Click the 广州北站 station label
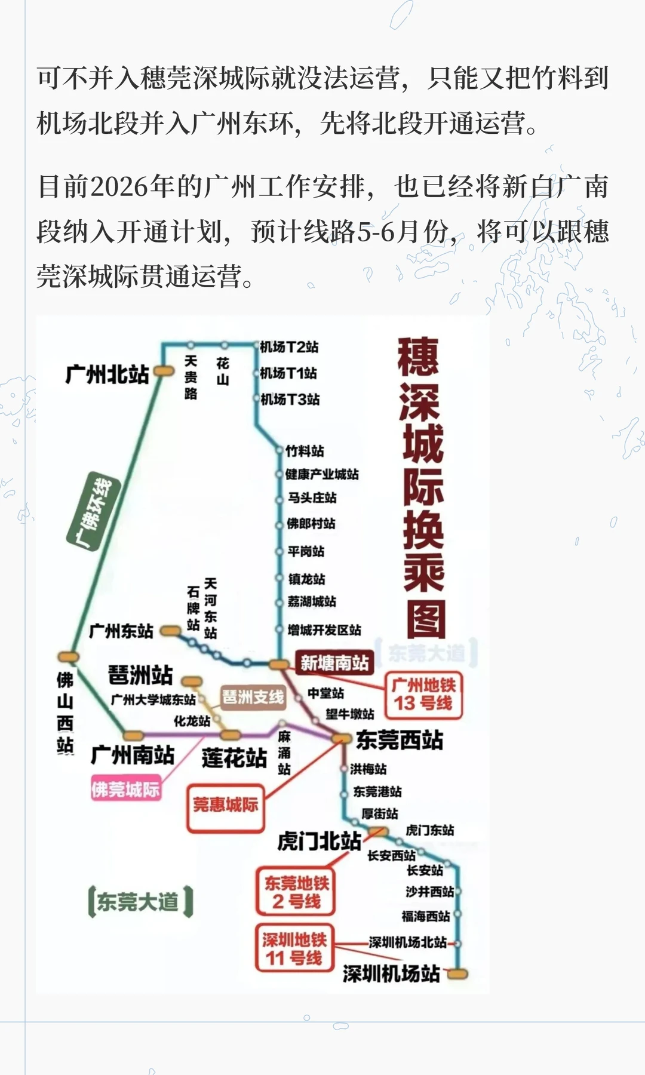pos(107,374)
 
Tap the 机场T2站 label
pos(289,347)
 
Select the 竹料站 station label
pos(305,451)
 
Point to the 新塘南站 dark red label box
pos(334,662)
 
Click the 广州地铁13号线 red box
pos(423,695)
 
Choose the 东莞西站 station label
pos(400,740)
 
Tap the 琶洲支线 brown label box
pos(253,697)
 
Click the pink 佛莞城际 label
pos(125,790)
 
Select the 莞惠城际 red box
pos(226,805)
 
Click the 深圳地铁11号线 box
pos(294,949)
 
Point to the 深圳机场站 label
pos(391,973)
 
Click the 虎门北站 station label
pos(320,841)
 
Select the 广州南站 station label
pos(133,755)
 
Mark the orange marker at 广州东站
pos(171,631)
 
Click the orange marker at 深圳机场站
pos(457,974)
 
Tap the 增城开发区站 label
pos(324,630)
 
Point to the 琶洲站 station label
pos(140,675)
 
